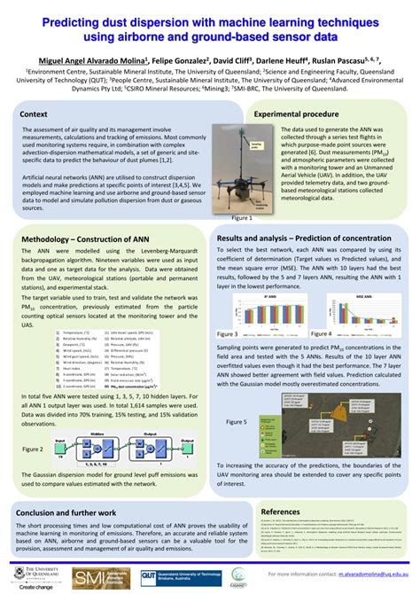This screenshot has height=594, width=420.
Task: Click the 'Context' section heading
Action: pos(34,115)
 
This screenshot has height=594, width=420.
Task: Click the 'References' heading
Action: pos(280,512)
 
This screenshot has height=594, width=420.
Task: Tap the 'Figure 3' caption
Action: pos(229,333)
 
